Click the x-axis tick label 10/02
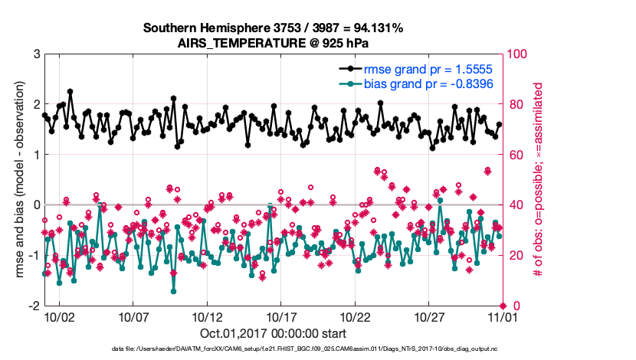tap(59, 316)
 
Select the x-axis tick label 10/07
tap(133, 316)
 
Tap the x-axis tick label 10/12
tap(207, 316)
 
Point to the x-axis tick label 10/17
tap(281, 316)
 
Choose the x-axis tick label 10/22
tap(355, 316)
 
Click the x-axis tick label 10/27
tap(429, 316)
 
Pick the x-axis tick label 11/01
tap(502, 316)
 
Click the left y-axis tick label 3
tap(36, 54)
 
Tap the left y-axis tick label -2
tap(34, 306)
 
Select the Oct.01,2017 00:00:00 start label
tap(273, 333)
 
